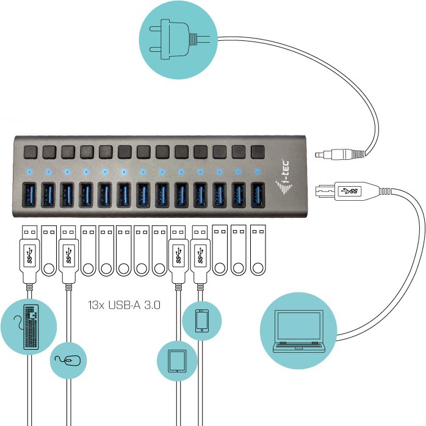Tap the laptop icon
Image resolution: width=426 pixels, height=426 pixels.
coord(298,331)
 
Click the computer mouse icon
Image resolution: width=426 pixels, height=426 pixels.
coord(68,361)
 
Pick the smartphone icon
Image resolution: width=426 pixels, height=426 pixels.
coord(202,321)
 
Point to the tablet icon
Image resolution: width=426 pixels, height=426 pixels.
coord(178,361)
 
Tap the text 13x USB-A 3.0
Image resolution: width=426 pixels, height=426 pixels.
coord(124,305)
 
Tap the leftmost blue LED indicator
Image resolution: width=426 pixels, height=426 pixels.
coord(29,171)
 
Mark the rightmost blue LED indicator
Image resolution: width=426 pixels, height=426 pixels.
coord(258,171)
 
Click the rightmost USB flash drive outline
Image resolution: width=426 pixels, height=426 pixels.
coord(258,250)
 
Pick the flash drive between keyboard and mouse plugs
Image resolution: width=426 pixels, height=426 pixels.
coord(49,250)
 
